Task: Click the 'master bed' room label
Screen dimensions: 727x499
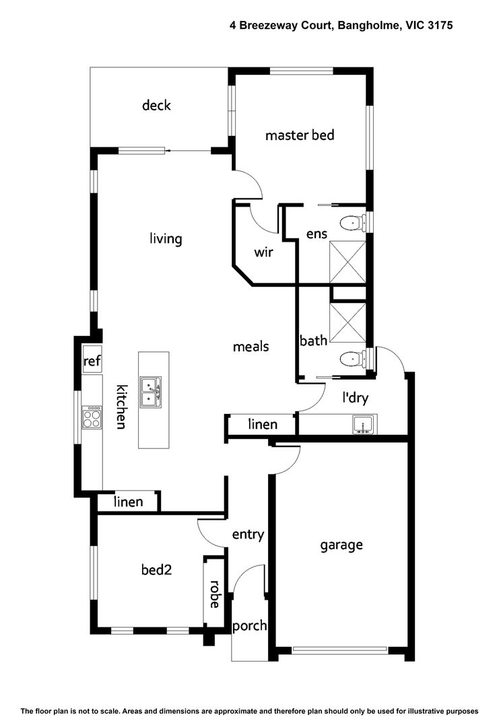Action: pyautogui.click(x=300, y=135)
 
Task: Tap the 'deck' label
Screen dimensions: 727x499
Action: pyautogui.click(x=156, y=105)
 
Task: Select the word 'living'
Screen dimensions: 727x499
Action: pyautogui.click(x=166, y=239)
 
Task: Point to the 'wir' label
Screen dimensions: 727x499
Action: pyautogui.click(x=263, y=252)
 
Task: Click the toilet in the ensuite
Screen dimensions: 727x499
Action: pyautogui.click(x=351, y=223)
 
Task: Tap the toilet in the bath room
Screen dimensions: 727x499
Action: pyautogui.click(x=351, y=359)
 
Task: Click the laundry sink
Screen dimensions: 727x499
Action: pyautogui.click(x=363, y=425)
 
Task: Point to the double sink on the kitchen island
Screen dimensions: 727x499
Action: pyautogui.click(x=150, y=390)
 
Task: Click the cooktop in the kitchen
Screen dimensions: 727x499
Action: pyautogui.click(x=92, y=419)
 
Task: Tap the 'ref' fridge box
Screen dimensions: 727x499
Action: pyautogui.click(x=92, y=361)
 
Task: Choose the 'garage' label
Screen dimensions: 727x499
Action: pyautogui.click(x=341, y=545)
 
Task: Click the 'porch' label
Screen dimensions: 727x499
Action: pyautogui.click(x=249, y=626)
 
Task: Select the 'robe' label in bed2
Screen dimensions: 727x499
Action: pyautogui.click(x=214, y=594)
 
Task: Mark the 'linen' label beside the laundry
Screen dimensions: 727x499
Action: pyautogui.click(x=263, y=425)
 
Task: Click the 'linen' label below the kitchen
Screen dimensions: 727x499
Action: pyautogui.click(x=128, y=501)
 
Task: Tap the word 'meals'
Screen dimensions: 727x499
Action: pyautogui.click(x=251, y=347)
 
